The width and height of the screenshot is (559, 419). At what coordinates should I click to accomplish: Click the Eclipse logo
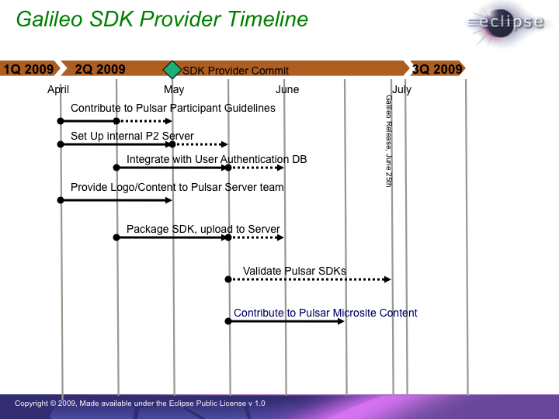pos(507,23)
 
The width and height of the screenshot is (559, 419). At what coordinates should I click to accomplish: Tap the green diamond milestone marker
pos(172,70)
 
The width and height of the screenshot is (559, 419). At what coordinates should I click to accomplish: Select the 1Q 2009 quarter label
pos(29,69)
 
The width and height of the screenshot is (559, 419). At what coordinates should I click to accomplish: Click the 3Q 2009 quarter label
pos(437,69)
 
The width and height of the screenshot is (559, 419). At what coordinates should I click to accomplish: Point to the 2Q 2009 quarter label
pos(100,69)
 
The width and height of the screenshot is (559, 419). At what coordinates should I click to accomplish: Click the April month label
pos(58,89)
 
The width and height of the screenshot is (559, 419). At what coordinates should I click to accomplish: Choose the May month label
pos(174,89)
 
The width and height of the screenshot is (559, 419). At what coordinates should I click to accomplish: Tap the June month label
pos(287,89)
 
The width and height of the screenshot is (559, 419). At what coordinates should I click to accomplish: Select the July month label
pos(402,89)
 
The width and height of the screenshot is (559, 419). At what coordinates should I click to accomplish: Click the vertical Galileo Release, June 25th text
pos(389,140)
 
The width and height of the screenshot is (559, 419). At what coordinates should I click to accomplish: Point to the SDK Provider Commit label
pos(236,71)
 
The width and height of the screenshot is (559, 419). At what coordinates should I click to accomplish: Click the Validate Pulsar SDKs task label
pos(294,271)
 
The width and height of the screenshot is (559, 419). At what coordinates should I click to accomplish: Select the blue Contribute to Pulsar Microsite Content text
pos(325,313)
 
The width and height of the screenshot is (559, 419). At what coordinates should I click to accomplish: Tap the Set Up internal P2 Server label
pos(132,136)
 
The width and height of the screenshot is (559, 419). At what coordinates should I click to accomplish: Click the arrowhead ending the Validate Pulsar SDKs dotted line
pos(387,279)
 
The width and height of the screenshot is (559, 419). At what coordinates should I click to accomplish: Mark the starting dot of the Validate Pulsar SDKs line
pos(228,279)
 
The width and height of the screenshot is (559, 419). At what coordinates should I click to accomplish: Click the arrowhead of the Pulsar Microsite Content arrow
pos(341,321)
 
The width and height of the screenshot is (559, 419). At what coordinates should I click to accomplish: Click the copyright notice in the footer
pos(140,403)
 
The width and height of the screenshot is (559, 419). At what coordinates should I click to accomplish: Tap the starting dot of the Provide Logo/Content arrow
pos(61,200)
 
